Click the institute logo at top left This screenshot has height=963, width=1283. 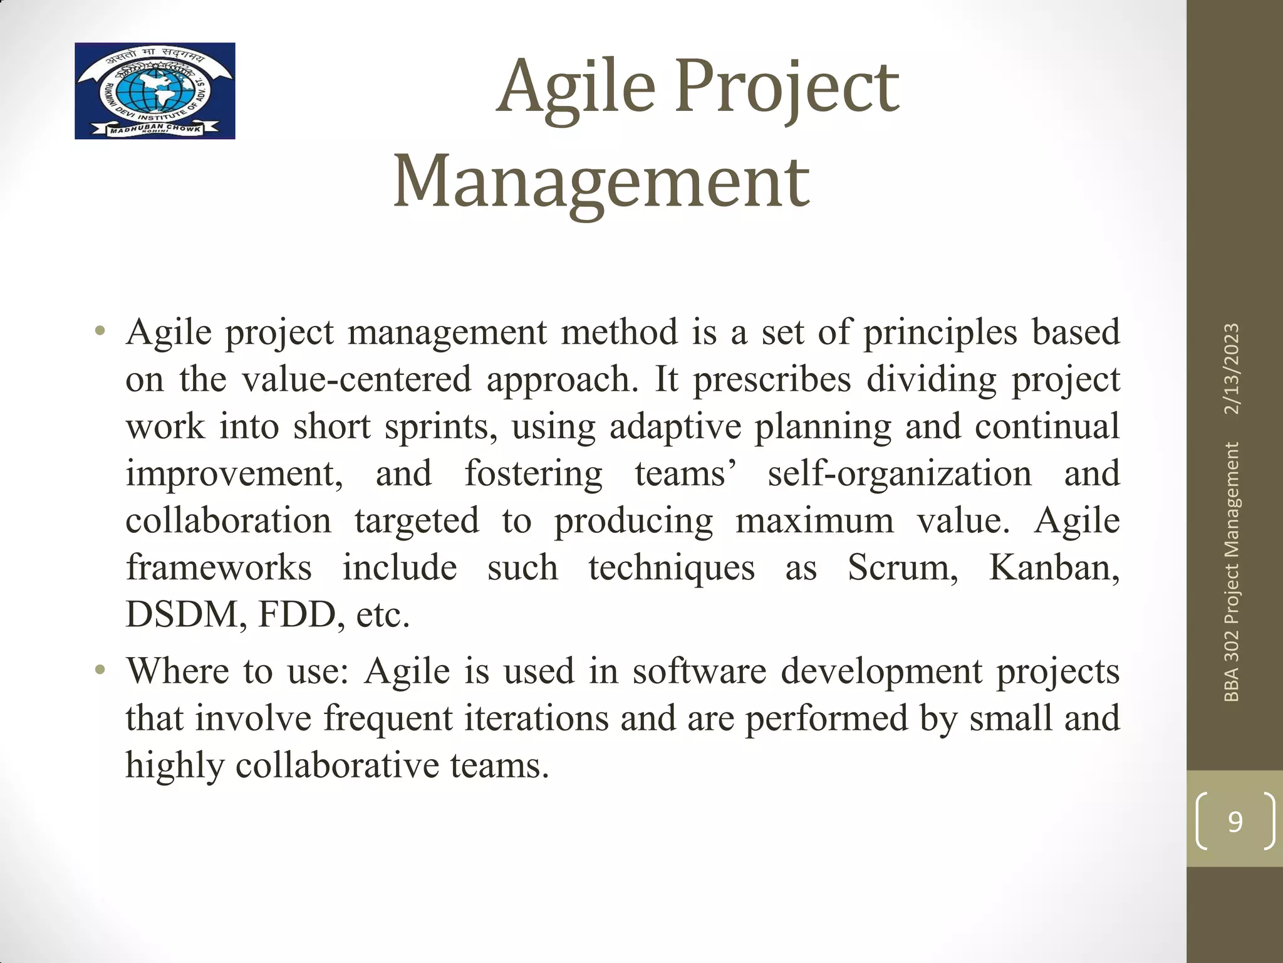[155, 91]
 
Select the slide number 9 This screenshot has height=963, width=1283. [1235, 821]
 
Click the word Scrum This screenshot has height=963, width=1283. [902, 568]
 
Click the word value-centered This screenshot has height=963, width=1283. [356, 380]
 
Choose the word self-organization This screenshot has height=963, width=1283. [900, 474]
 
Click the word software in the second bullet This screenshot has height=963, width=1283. [699, 671]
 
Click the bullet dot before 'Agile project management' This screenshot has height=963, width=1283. [100, 332]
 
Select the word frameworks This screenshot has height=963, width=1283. [219, 568]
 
